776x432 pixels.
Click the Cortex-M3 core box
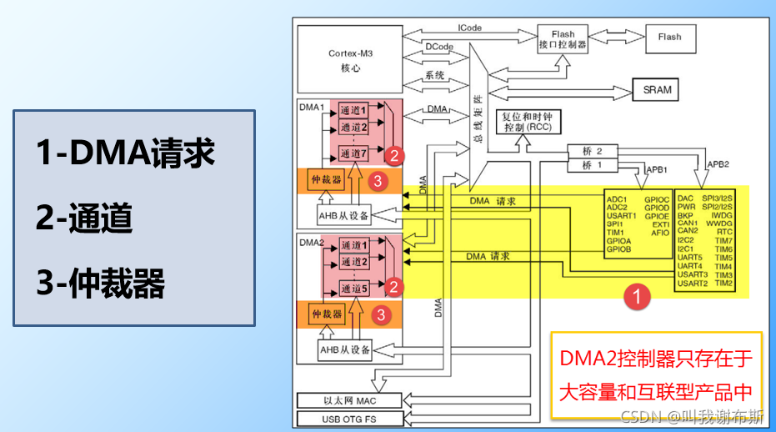click(350, 60)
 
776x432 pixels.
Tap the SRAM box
click(656, 90)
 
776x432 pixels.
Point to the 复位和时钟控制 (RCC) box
click(528, 122)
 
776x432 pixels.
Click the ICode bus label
click(469, 28)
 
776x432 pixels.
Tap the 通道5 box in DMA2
click(353, 288)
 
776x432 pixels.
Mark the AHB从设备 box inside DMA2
click(344, 349)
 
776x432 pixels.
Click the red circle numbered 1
click(638, 296)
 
